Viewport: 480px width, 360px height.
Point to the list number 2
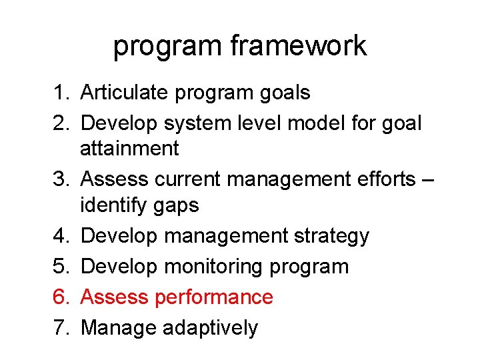tap(57, 123)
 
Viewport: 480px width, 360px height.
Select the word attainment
tap(129, 148)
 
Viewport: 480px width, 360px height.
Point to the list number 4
tap(57, 235)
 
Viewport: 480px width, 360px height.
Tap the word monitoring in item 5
tap(213, 267)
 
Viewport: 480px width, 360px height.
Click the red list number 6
tap(57, 297)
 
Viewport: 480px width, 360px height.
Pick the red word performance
tap(213, 297)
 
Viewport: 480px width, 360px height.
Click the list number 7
tap(57, 327)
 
